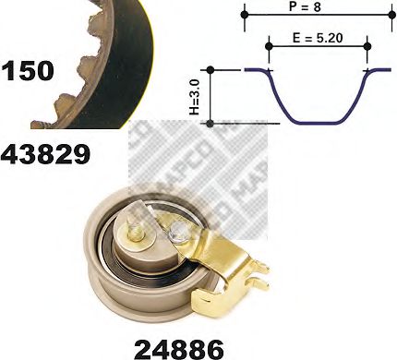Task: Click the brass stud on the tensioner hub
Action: (x=136, y=234)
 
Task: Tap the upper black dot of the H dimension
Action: (x=211, y=69)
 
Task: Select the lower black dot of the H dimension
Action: (x=211, y=122)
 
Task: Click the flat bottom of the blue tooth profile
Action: (x=318, y=122)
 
